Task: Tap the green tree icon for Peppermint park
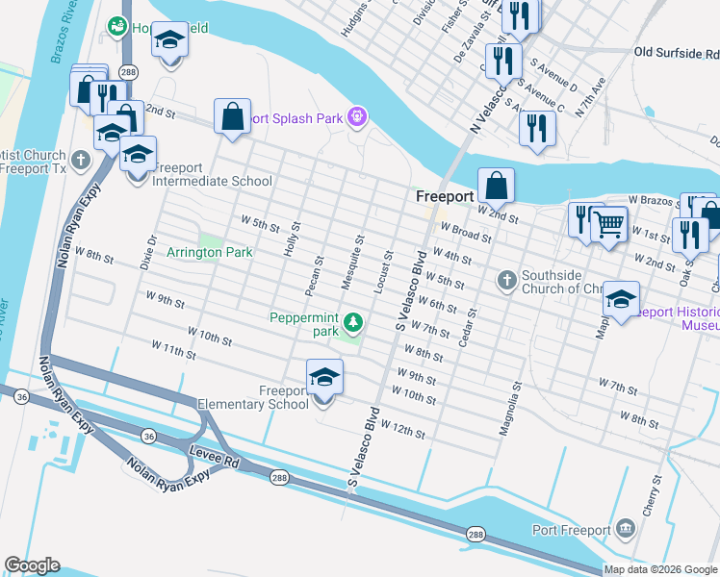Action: (x=354, y=322)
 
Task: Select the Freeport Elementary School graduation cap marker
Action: (x=324, y=378)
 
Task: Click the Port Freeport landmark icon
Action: (x=626, y=528)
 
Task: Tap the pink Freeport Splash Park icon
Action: (x=357, y=118)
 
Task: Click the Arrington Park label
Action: (x=209, y=253)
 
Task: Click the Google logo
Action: (x=32, y=565)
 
